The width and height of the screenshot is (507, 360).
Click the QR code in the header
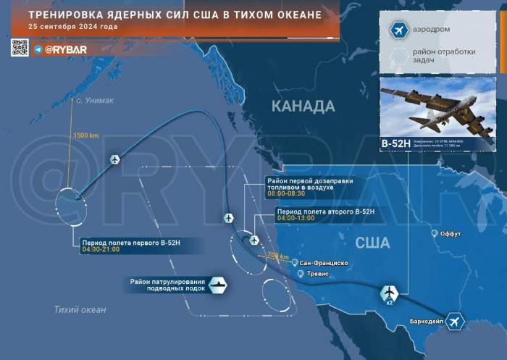click(x=20, y=48)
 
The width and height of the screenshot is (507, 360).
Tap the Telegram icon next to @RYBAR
click(x=38, y=49)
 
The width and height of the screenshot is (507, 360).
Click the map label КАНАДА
click(x=303, y=106)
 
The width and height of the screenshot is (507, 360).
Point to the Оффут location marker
click(x=435, y=233)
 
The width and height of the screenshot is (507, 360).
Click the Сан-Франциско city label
click(x=329, y=262)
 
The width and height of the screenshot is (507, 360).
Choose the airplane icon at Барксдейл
click(x=454, y=321)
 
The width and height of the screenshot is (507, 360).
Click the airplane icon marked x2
click(x=389, y=292)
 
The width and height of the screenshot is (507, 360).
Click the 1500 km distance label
click(x=85, y=135)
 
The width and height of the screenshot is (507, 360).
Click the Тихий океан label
click(x=80, y=310)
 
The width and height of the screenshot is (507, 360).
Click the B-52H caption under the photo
click(x=395, y=144)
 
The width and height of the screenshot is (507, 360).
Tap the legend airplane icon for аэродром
click(x=397, y=30)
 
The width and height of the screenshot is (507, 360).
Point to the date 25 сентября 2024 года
click(x=72, y=27)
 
